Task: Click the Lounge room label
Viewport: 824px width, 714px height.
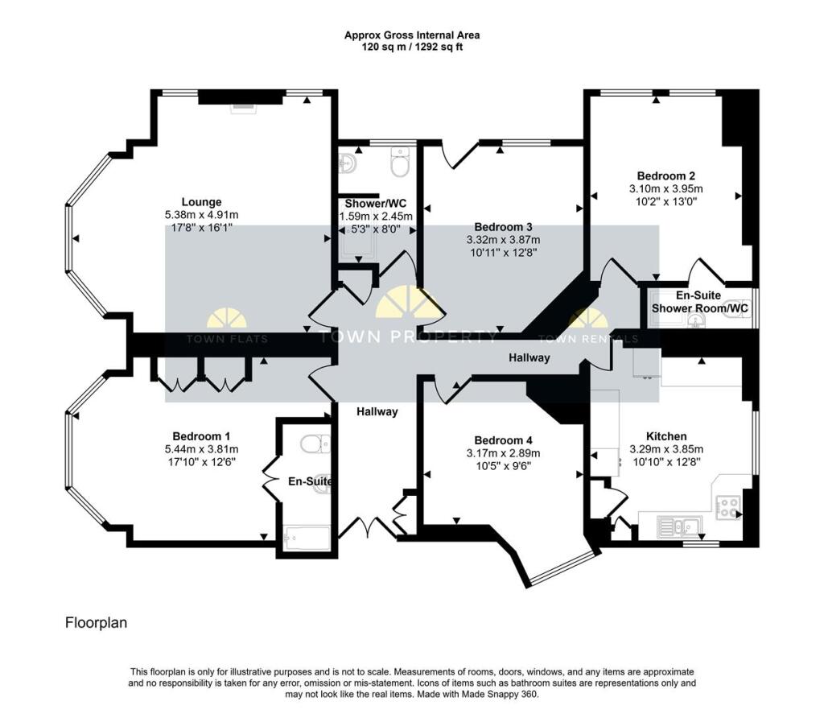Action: pos(201,202)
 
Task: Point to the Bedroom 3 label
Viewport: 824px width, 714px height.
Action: pos(503,227)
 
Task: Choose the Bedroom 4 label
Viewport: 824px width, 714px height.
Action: pos(503,440)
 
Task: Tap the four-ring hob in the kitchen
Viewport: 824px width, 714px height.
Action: pos(728,506)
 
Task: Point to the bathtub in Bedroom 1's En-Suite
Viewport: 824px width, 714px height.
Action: pos(307,538)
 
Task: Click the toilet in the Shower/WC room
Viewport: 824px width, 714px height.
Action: pos(399,164)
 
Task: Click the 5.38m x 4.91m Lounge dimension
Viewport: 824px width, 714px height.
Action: pos(201,215)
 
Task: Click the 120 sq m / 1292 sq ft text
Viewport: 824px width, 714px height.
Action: pos(412,47)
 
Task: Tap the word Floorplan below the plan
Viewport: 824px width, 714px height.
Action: pos(96,623)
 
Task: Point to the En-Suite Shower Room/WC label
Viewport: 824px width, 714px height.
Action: pos(698,302)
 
